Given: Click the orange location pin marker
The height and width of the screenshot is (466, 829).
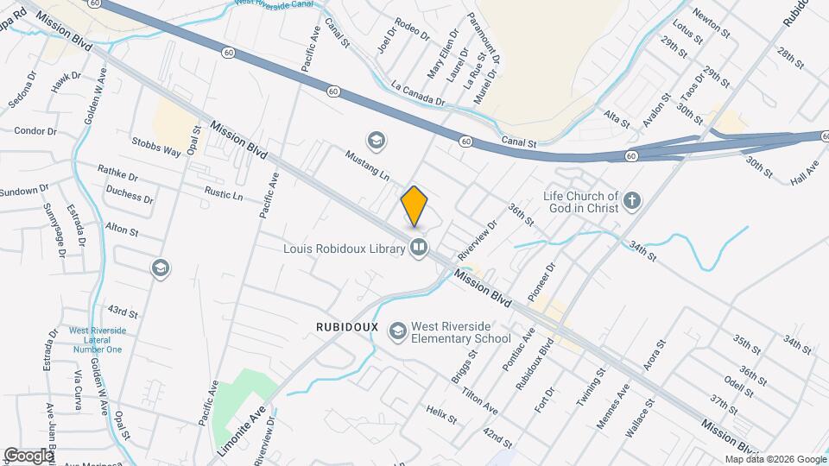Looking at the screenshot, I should (x=414, y=205).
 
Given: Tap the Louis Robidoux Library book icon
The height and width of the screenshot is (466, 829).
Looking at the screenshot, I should (x=419, y=249).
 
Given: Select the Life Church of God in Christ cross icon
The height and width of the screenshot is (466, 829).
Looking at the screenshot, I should (x=632, y=201).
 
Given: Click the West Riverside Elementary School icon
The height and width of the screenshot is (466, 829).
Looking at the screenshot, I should (x=397, y=331).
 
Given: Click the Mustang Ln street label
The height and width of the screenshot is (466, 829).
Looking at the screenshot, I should (x=368, y=164).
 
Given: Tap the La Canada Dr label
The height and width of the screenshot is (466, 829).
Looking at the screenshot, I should (x=417, y=93).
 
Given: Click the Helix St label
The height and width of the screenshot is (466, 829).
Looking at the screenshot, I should (x=441, y=414).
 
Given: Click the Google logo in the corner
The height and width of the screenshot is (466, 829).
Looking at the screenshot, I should (x=29, y=455).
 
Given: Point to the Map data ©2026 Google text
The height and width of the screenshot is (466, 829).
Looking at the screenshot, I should (x=775, y=459).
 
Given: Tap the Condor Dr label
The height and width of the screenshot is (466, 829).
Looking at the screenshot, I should (x=35, y=131).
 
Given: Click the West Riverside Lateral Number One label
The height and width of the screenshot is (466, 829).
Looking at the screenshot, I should (x=97, y=339).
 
